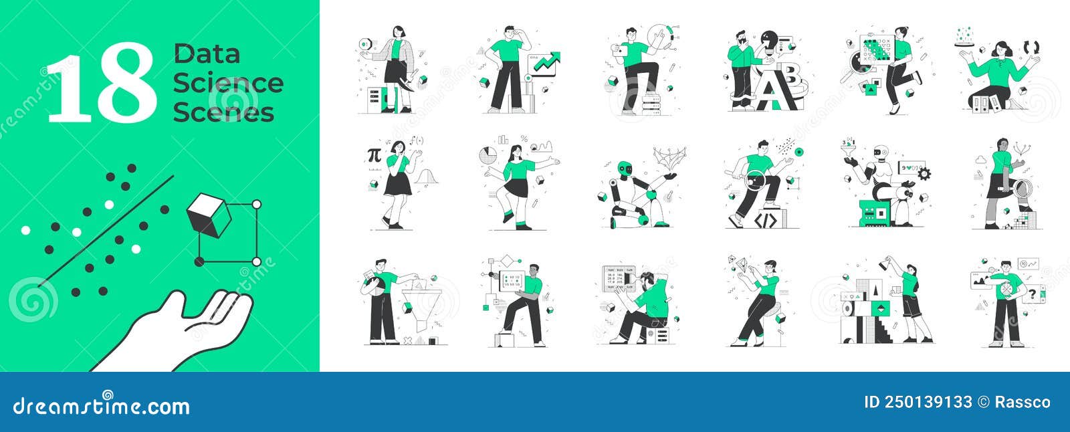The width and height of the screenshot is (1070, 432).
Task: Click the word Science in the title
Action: click(x=228, y=83)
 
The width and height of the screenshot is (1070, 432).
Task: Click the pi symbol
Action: click(x=373, y=155)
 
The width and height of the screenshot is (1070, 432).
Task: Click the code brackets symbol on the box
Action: click(x=765, y=219)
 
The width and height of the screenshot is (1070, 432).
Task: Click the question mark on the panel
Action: click(x=1033, y=292)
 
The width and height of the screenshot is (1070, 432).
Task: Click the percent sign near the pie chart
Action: click(x=524, y=139)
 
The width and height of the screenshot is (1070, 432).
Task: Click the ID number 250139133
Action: click(x=918, y=402)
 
